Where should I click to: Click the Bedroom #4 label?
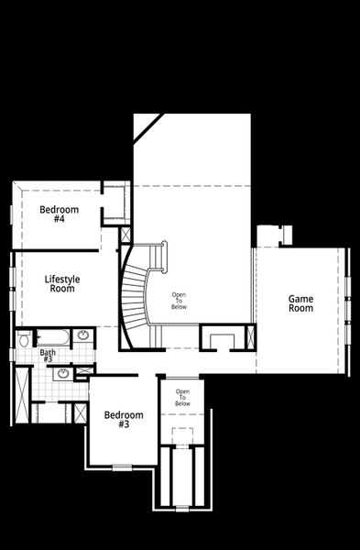coord(59,214)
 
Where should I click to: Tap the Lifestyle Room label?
coord(61,284)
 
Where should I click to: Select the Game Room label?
coord(300,303)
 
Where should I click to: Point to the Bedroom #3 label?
coord(123,420)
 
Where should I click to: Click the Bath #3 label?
coord(48,356)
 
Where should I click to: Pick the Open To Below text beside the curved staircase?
coord(179,300)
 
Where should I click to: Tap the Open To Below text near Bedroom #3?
coord(182,399)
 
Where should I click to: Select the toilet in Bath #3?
coord(24,341)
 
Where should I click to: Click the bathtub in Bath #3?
coord(51,336)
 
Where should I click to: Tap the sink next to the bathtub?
coord(82,335)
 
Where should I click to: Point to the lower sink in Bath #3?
coord(63,373)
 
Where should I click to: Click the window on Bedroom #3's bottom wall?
coord(122,467)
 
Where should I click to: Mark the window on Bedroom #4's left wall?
coord(12,214)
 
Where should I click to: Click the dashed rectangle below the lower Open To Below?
coord(183,436)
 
